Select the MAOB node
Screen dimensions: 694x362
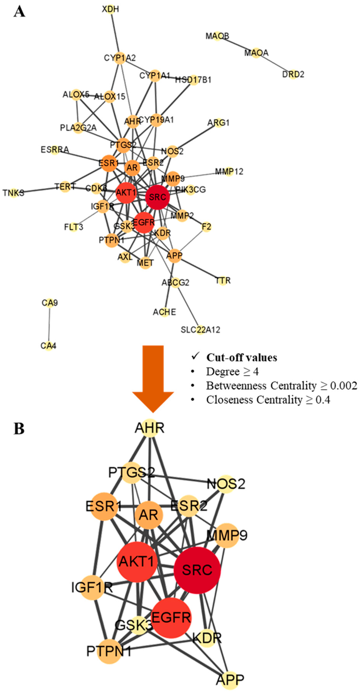coord(217,36)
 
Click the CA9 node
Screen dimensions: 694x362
coord(50,303)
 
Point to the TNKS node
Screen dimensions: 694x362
coord(14,193)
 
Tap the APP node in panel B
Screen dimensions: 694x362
coord(230,680)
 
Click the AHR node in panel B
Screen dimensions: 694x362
coord(150,428)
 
